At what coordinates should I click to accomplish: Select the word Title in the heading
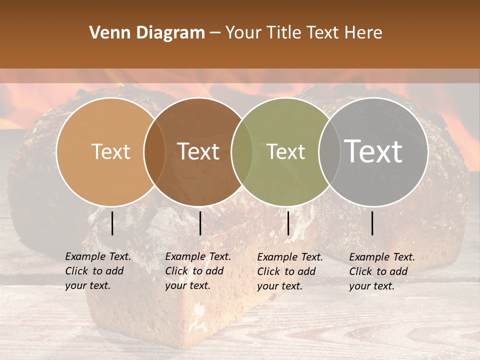(285, 33)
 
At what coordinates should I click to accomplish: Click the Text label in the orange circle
(110, 151)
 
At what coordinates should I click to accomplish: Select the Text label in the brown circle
(198, 151)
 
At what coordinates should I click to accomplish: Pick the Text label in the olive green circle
(285, 151)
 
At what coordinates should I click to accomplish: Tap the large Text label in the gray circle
(373, 151)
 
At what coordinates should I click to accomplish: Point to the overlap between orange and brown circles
(154, 151)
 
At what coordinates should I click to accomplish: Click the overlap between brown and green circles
(242, 151)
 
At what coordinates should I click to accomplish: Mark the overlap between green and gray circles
(329, 151)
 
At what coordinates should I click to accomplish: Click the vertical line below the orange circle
(112, 223)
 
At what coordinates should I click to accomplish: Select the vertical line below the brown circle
(200, 223)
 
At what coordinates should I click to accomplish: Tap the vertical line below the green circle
(288, 223)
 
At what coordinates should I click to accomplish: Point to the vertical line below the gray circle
(372, 223)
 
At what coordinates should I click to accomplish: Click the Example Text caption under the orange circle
(98, 271)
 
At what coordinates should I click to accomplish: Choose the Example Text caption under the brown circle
(198, 271)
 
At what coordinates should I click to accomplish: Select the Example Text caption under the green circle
(290, 271)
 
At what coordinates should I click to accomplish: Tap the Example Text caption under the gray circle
(382, 271)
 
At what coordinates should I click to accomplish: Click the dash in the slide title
(215, 33)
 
